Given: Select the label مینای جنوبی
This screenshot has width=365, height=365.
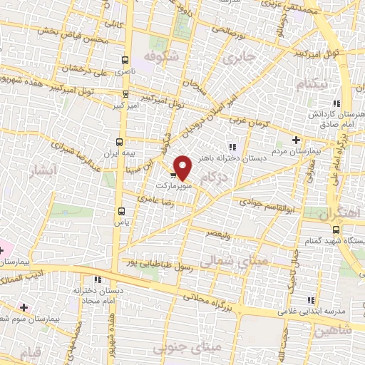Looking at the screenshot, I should [x=216, y=346].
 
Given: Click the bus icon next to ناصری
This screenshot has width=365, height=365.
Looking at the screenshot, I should [x=126, y=61].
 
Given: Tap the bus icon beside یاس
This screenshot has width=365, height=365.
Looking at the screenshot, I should [x=121, y=211].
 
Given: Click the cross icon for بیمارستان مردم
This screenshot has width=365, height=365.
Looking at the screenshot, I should [x=297, y=140].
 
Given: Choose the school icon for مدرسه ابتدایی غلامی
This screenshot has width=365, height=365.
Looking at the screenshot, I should [x=311, y=301].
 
